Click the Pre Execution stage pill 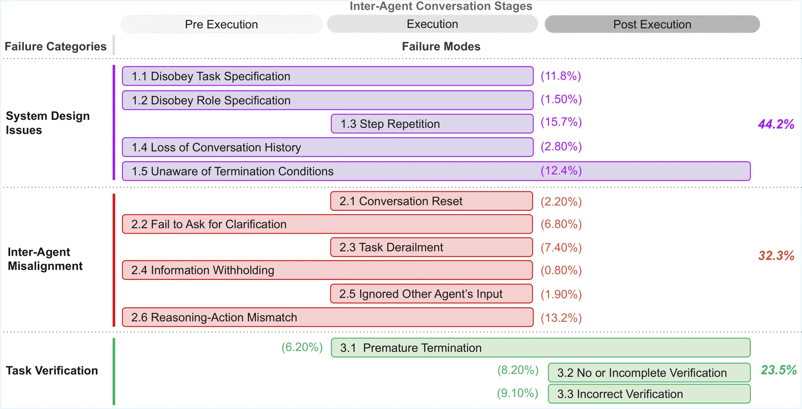coord(221,25)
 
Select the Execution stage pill coord(432,24)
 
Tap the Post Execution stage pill coord(652,25)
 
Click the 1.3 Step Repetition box coord(432,124)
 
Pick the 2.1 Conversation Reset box coord(431,201)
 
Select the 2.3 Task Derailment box coord(431,247)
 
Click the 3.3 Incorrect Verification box coord(649,394)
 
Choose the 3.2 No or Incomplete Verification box coord(649,373)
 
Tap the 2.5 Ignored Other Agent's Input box coord(431,294)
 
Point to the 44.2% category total coord(776,124)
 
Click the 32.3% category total coord(776,256)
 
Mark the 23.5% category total coord(778,370)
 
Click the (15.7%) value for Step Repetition coord(561,122)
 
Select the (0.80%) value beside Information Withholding coord(561,270)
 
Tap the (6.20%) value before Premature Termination coord(302,347)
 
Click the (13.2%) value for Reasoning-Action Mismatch coord(561,318)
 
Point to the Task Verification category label coord(52,370)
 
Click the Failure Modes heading coord(441,47)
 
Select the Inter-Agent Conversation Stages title coord(441,6)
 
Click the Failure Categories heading coord(56,47)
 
